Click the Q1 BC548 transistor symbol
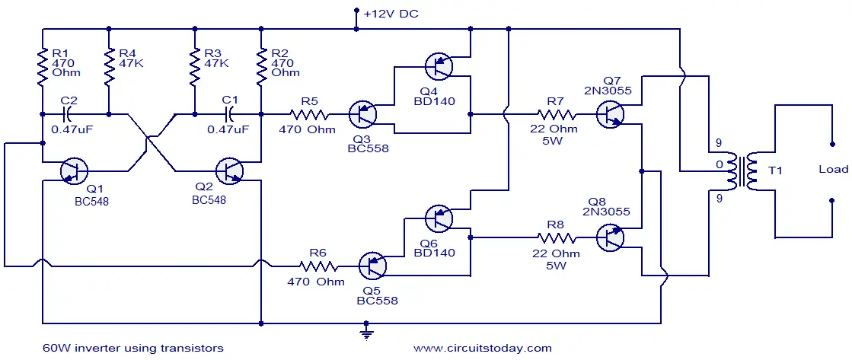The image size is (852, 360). (x=74, y=171)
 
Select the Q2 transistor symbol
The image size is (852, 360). (x=229, y=171)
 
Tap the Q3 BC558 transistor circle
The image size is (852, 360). (x=362, y=115)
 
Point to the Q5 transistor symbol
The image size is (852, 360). (x=373, y=266)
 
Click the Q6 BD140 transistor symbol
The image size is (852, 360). (x=439, y=218)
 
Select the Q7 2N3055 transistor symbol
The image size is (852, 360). (x=610, y=115)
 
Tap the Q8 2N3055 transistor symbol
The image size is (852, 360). (x=610, y=237)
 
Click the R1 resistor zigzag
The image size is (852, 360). (x=42, y=67)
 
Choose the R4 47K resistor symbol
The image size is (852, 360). (x=109, y=67)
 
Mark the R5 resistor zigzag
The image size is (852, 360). (x=308, y=115)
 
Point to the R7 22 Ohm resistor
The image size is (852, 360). (x=557, y=115)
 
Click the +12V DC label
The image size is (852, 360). (x=391, y=14)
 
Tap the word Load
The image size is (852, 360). (x=834, y=170)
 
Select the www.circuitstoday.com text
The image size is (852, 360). (x=483, y=348)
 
